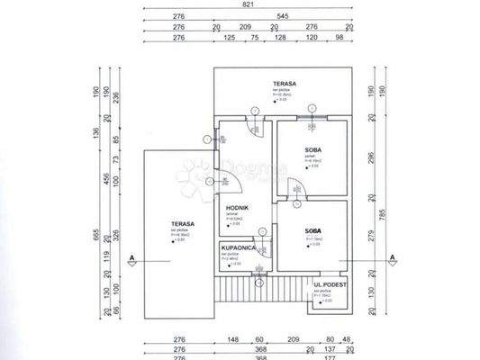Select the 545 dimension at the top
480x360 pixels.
click(x=283, y=17)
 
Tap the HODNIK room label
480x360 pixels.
click(x=237, y=208)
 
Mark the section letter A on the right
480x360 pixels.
click(x=393, y=258)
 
